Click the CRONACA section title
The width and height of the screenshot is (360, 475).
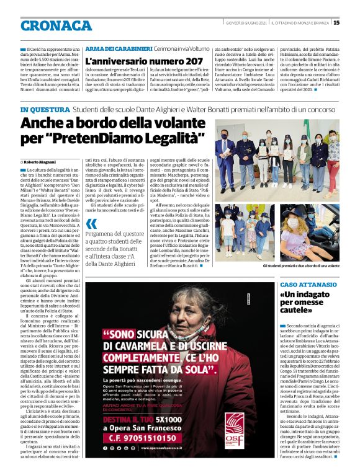tap(56, 25)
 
